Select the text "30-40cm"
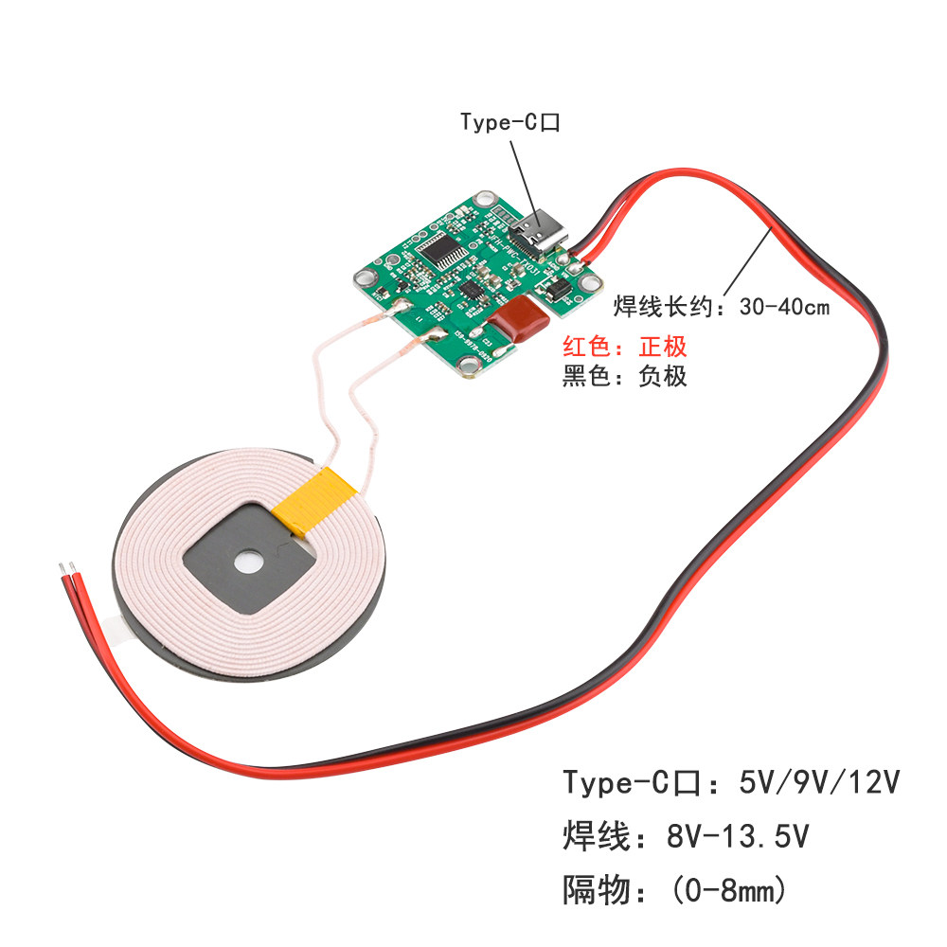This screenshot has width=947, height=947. point(785,307)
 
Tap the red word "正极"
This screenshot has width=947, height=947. point(664,346)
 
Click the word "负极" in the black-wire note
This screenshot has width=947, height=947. point(663,376)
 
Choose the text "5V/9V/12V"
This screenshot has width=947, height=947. point(817,783)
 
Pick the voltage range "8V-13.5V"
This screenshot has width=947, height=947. point(738,837)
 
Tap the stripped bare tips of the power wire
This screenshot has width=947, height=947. point(66,569)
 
